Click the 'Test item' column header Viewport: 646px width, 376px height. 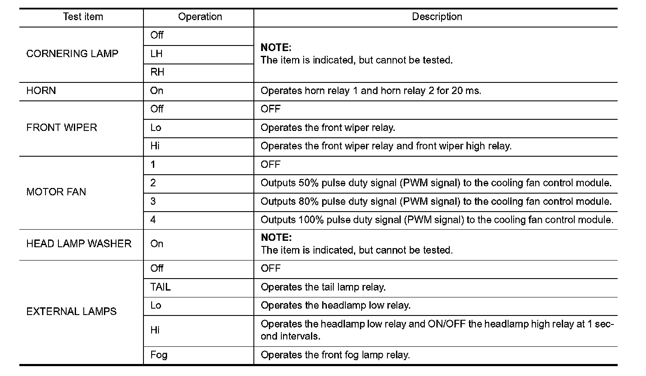pyautogui.click(x=83, y=17)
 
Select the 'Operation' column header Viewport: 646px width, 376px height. pyautogui.click(x=200, y=17)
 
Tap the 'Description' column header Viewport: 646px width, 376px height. pyautogui.click(x=437, y=17)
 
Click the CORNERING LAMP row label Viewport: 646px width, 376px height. pyautogui.click(x=72, y=54)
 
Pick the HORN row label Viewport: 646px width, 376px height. pyautogui.click(x=41, y=91)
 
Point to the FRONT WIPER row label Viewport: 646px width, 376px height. pyautogui.click(x=62, y=128)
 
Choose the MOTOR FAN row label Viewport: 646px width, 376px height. pyautogui.click(x=56, y=192)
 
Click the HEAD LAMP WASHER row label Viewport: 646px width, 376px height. pyautogui.click(x=79, y=244)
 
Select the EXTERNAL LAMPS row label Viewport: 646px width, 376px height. pyautogui.click(x=71, y=312)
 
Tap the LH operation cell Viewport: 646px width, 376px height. pyautogui.click(x=156, y=54)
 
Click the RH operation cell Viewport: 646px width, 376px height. pyautogui.click(x=157, y=73)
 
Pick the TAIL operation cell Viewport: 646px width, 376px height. pyautogui.click(x=160, y=287)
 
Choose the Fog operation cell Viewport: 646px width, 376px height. pyautogui.click(x=158, y=355)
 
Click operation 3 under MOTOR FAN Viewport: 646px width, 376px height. pyautogui.click(x=153, y=202)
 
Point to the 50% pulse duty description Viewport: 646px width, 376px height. pyautogui.click(x=436, y=183)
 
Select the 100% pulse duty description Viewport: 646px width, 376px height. pyautogui.click(x=437, y=220)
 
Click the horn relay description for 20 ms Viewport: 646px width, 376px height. pyautogui.click(x=371, y=91)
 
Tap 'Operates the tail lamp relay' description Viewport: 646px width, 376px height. pyautogui.click(x=323, y=287)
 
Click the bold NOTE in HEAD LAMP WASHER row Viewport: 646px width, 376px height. pyautogui.click(x=276, y=238)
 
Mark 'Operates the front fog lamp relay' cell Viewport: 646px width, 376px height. pyautogui.click(x=335, y=355)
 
